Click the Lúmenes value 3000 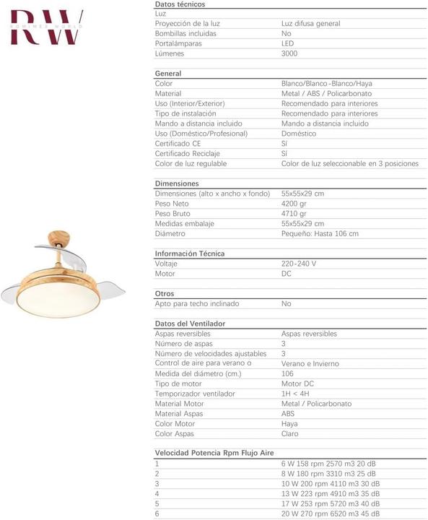289,53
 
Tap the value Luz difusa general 310,24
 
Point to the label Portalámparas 178,43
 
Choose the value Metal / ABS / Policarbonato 326,94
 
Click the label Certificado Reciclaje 188,154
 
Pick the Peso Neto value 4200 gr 294,204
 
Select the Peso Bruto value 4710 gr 294,214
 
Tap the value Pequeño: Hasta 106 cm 319,234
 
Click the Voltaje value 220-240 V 298,264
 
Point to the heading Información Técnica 190,253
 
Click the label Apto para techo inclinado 197,304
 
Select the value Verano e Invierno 310,364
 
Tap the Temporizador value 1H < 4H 295,394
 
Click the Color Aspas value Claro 289,434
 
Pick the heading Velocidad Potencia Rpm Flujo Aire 214,453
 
